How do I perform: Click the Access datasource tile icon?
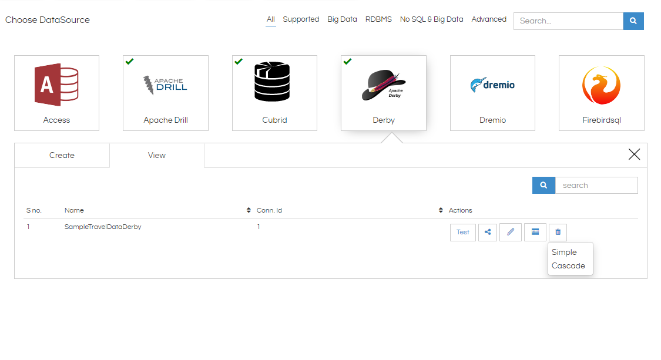pos(56,85)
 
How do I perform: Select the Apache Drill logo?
pos(165,85)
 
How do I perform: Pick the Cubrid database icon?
pos(272,82)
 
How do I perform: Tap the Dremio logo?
pos(492,85)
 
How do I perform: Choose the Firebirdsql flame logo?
pos(601,85)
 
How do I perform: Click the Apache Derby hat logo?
pos(384,85)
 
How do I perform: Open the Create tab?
pos(62,155)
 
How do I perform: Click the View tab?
pos(157,155)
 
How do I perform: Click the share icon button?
pos(488,233)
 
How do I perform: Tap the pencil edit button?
pos(511,233)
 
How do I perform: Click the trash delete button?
pos(558,233)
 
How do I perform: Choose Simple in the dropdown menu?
pos(564,252)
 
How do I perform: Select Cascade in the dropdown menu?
pos(568,265)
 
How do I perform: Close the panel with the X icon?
pos(634,154)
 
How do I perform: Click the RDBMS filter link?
pos(378,19)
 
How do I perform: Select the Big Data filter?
pos(343,19)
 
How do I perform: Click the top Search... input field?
pos(568,21)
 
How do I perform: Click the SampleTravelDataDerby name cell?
pos(103,227)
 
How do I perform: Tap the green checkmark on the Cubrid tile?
pos(239,62)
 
